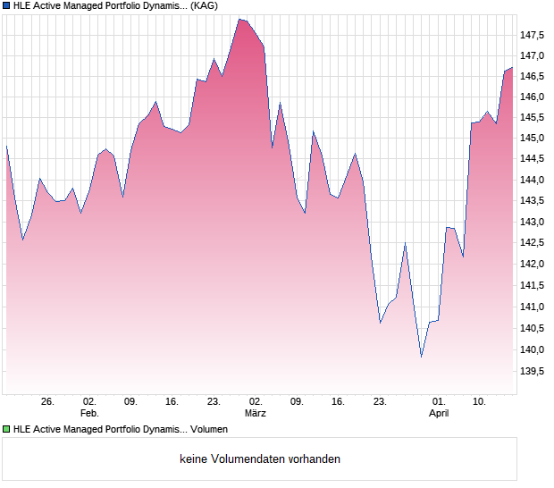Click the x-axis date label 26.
point(47,402)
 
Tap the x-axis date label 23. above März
point(214,402)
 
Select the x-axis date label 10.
point(479,402)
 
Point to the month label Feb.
point(89,414)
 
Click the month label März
point(256,414)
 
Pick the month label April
point(439,414)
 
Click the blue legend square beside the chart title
point(7,6)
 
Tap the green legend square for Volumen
point(7,430)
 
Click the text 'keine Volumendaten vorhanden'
point(260,459)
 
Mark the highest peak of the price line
point(239,19)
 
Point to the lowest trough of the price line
point(422,357)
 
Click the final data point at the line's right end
point(512,68)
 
